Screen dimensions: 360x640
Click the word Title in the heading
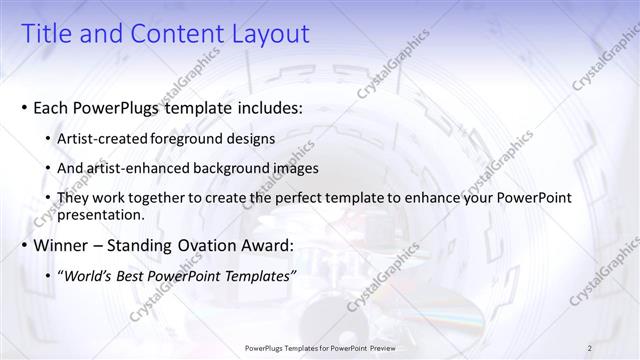(46, 33)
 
